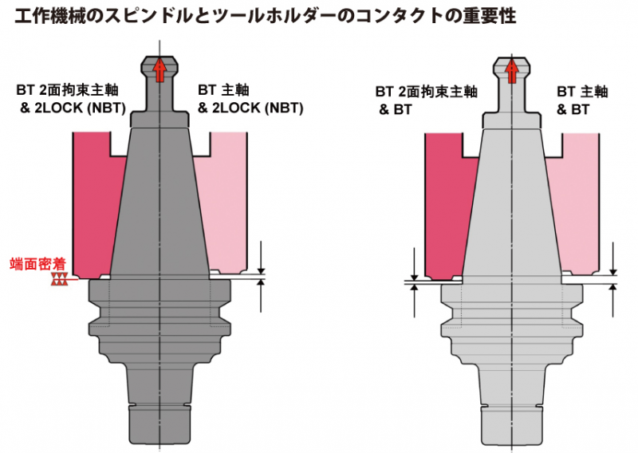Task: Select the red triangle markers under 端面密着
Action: (x=59, y=279)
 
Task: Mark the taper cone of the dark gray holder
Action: (x=159, y=199)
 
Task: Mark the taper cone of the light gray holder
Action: (x=512, y=199)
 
